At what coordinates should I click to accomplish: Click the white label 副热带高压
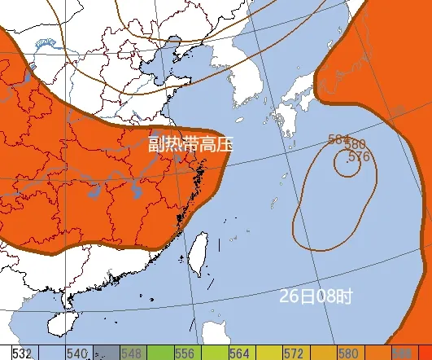(x=190, y=145)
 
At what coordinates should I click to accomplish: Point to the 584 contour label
(x=339, y=138)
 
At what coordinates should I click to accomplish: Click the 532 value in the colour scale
(x=22, y=353)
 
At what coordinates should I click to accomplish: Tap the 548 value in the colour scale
(x=133, y=353)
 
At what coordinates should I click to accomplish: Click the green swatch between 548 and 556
(x=159, y=353)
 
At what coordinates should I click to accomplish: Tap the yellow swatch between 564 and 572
(x=268, y=353)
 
